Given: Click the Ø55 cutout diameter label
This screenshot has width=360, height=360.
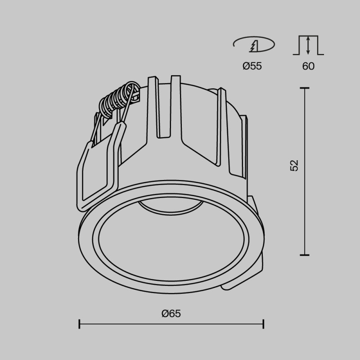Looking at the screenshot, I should pyautogui.click(x=252, y=66).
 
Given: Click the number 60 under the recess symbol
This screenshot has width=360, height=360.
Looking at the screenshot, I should pyautogui.click(x=308, y=66).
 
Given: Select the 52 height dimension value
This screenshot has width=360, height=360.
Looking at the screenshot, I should pyautogui.click(x=294, y=165).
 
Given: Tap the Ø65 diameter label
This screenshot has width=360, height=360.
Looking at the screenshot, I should pyautogui.click(x=171, y=313).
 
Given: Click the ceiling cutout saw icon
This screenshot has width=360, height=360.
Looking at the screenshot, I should pyautogui.click(x=254, y=45).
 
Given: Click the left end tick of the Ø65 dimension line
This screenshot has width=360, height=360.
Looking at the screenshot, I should pyautogui.click(x=80, y=324).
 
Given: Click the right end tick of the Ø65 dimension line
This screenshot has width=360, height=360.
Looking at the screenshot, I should pyautogui.click(x=263, y=324).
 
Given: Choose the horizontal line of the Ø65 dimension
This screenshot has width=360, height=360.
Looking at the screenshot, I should pyautogui.click(x=171, y=324).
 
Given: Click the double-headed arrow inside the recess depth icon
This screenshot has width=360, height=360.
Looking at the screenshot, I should pyautogui.click(x=308, y=45).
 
